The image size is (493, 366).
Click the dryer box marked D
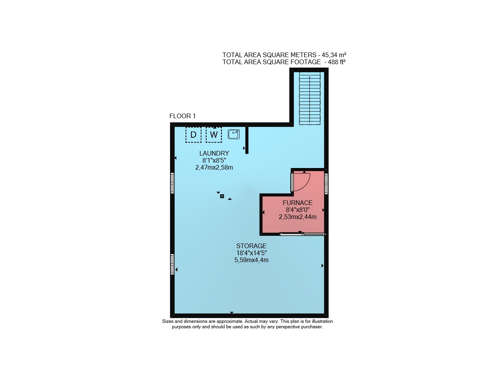point(193,135)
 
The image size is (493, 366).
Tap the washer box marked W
point(214,135)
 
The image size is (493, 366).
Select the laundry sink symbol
point(234,134)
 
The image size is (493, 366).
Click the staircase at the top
point(309,98)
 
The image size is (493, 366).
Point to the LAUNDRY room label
point(214,153)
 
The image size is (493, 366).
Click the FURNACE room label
point(297,203)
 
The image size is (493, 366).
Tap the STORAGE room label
point(251,246)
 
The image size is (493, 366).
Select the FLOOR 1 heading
point(182,116)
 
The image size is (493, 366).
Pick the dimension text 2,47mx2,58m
point(214,168)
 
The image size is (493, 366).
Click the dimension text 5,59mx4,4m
point(252,260)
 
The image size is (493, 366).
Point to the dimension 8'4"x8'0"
point(298,210)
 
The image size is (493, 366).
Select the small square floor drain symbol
point(222,196)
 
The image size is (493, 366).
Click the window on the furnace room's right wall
point(326,184)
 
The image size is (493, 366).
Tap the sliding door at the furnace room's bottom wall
point(302,234)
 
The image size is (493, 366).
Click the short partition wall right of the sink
point(247,140)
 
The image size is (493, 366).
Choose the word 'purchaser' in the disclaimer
point(312,327)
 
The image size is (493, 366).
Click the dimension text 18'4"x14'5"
point(252,253)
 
